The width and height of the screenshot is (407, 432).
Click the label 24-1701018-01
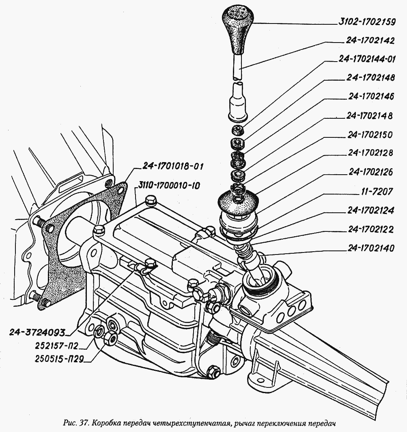point(172,167)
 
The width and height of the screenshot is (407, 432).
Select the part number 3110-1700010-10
point(168,186)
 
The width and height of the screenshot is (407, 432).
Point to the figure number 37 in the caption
point(84,423)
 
